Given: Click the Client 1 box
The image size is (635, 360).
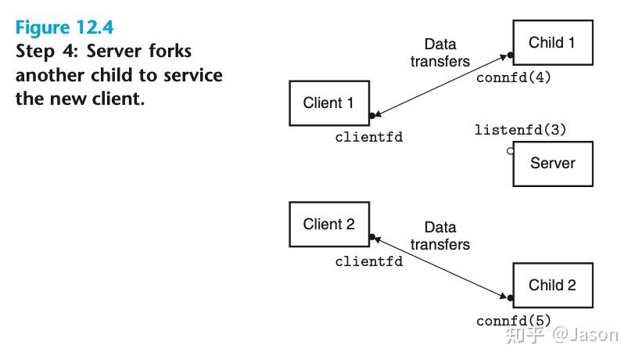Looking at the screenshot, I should pyautogui.click(x=328, y=103).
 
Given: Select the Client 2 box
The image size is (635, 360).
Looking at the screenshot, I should pyautogui.click(x=328, y=225).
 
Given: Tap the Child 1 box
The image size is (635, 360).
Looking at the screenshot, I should pyautogui.click(x=552, y=43).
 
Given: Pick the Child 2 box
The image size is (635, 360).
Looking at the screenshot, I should pyautogui.click(x=552, y=286).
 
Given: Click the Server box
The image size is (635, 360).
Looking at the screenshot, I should pyautogui.click(x=552, y=164).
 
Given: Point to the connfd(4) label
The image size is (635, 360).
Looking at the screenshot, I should pyautogui.click(x=514, y=78).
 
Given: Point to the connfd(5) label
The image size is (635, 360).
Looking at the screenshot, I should pyautogui.click(x=514, y=321).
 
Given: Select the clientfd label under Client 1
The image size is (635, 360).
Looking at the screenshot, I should pyautogui.click(x=369, y=138).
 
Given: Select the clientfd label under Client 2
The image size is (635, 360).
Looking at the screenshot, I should pyautogui.click(x=369, y=261).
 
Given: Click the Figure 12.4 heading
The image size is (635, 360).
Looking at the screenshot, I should pyautogui.click(x=65, y=27).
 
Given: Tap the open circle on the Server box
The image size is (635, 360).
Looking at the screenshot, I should pyautogui.click(x=511, y=150).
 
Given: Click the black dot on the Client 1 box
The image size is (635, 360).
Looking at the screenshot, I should pyautogui.click(x=371, y=116).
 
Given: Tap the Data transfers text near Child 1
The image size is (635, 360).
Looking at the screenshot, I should pyautogui.click(x=440, y=52).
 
